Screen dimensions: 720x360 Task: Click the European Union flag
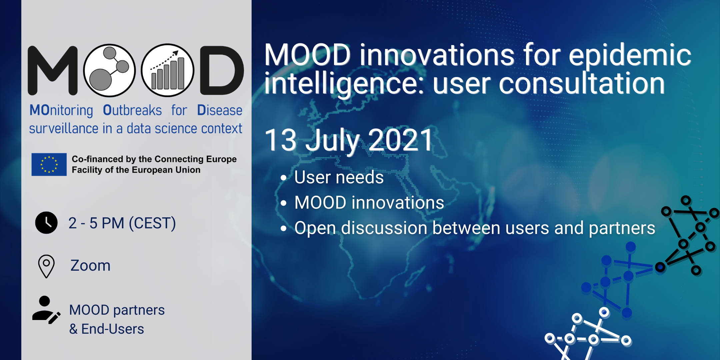(x=49, y=164)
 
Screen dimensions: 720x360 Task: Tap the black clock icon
(x=46, y=223)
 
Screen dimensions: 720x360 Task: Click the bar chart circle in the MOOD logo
(x=167, y=70)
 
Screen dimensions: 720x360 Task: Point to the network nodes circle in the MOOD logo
(x=109, y=70)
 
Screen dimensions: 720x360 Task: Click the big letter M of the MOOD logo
(x=53, y=70)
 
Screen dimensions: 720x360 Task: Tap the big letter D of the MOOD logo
(x=222, y=70)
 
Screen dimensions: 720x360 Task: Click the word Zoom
(x=90, y=266)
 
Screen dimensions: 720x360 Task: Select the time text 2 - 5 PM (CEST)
(x=122, y=223)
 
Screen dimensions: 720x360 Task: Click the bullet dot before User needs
(x=283, y=178)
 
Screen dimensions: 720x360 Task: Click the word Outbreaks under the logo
(x=132, y=110)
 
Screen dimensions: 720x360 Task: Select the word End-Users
(x=113, y=329)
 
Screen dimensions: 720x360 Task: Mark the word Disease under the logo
(x=220, y=110)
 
